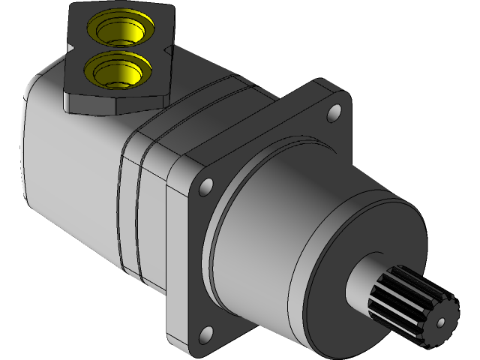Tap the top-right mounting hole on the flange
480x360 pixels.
point(334,114)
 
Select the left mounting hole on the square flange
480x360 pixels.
point(206,184)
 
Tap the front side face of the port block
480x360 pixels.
point(112,101)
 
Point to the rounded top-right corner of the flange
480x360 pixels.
point(343,94)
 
